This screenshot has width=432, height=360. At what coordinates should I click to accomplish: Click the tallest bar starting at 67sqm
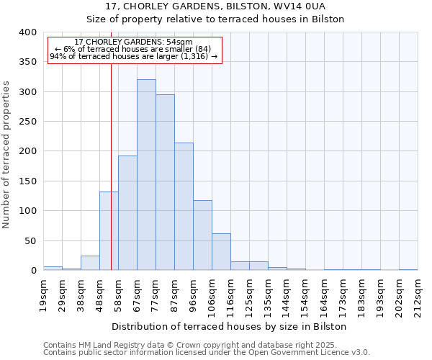[146, 175]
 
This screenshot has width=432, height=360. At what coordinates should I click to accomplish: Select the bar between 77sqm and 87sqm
[165, 183]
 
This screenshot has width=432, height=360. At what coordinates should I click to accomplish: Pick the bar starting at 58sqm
[127, 213]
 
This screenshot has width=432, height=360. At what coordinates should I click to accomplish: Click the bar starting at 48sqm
[109, 231]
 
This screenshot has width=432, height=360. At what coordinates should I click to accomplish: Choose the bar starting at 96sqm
[202, 235]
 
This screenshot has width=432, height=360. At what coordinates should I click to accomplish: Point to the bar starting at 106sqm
[221, 252]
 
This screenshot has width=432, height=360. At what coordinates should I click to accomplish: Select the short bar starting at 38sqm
[90, 263]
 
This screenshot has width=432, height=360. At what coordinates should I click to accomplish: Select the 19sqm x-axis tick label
[44, 295]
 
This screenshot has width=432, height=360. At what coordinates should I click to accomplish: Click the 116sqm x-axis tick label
[231, 297]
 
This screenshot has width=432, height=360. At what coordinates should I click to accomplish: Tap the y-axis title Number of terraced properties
[6, 155]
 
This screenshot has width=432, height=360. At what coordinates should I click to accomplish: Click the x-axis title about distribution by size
[229, 326]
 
